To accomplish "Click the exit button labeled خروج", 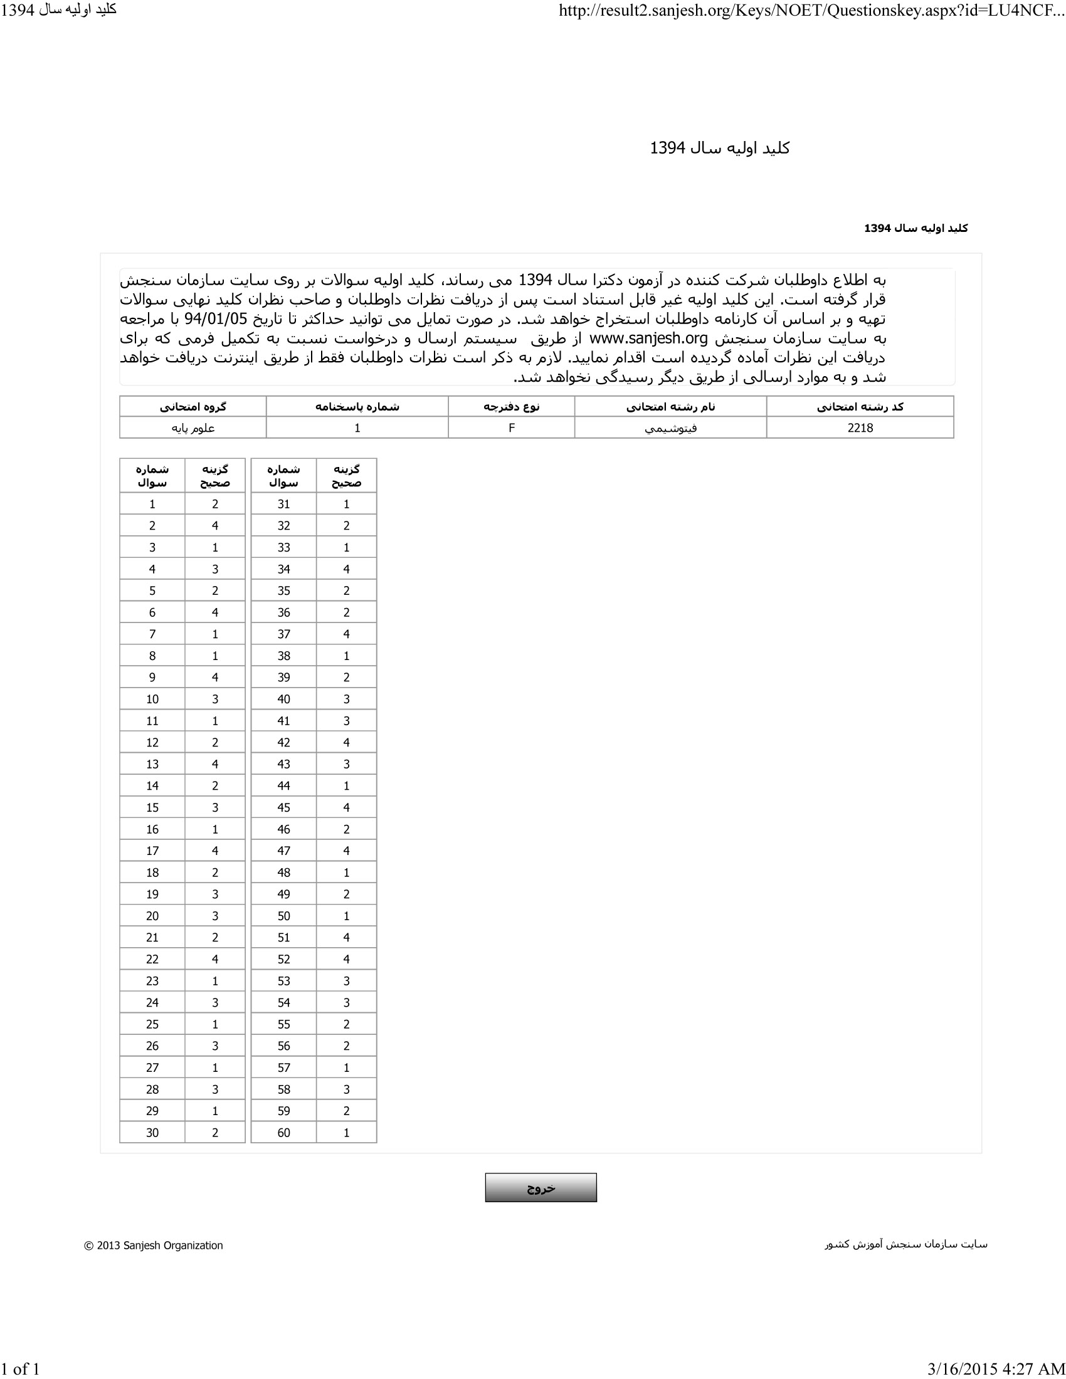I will pyautogui.click(x=541, y=1188).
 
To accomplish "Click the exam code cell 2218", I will pyautogui.click(x=860, y=427).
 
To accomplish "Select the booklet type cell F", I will pyautogui.click(x=512, y=427).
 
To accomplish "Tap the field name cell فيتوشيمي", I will pyautogui.click(x=670, y=428).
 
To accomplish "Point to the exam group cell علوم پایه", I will pyautogui.click(x=193, y=428).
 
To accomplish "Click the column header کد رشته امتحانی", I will pyautogui.click(x=860, y=407).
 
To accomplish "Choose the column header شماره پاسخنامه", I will pyautogui.click(x=357, y=407).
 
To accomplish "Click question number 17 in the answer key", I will pyautogui.click(x=152, y=851).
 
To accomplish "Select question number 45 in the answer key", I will pyautogui.click(x=283, y=807).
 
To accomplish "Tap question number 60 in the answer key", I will pyautogui.click(x=283, y=1132).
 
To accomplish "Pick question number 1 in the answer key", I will pyautogui.click(x=152, y=504).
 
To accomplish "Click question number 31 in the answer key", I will pyautogui.click(x=283, y=504).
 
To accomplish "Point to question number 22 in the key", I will pyautogui.click(x=152, y=958).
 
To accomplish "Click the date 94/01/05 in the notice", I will pyautogui.click(x=215, y=319).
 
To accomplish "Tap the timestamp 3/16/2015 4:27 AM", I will pyautogui.click(x=996, y=1368).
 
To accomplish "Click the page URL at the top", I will pyautogui.click(x=811, y=11).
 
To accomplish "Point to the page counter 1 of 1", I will pyautogui.click(x=20, y=1368).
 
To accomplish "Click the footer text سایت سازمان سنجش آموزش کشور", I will pyautogui.click(x=905, y=1244).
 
